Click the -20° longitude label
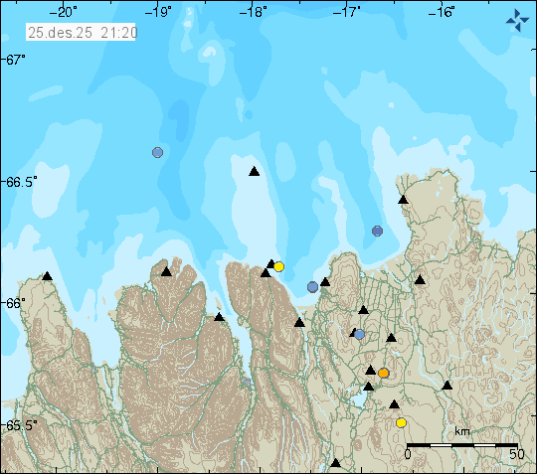67,13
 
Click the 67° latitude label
14,61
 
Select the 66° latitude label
14,303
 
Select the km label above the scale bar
462,432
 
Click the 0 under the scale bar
408,455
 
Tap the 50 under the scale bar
515,455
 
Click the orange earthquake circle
383,374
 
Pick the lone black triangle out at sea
254,172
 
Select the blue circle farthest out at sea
157,152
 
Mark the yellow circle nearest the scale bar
401,422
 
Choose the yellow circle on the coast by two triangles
279,266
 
